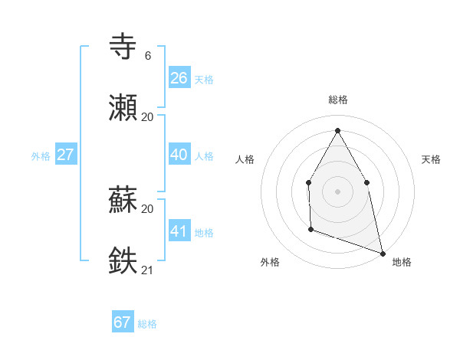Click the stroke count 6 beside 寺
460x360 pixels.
(x=147, y=56)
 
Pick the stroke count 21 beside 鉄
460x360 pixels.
(x=147, y=269)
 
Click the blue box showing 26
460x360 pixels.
(x=179, y=78)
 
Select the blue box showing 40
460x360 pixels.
(x=179, y=155)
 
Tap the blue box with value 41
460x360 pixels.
(x=179, y=231)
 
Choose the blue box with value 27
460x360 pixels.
(x=66, y=155)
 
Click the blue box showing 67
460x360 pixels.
(x=123, y=322)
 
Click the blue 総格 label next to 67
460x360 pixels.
(x=147, y=324)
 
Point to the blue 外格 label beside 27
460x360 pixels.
(x=41, y=156)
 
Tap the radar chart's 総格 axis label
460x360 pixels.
(x=337, y=100)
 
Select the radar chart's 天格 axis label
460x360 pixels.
(x=432, y=159)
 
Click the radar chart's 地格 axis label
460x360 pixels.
(x=402, y=262)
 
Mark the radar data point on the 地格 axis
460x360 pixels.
(x=382, y=253)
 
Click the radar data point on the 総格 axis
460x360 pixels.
(x=337, y=131)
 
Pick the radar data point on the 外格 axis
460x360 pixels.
(x=310, y=228)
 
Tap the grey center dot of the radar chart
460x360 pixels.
(x=337, y=191)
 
